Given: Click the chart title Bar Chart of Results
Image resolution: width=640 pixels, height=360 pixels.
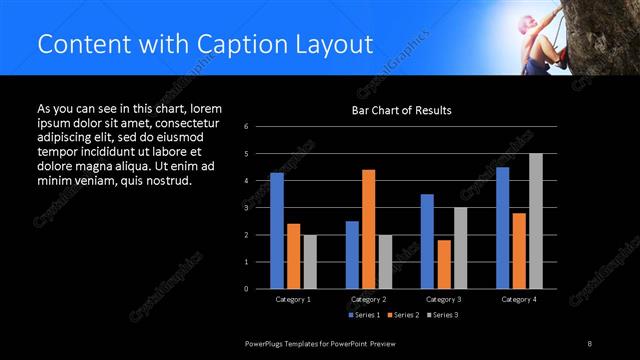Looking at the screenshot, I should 400,110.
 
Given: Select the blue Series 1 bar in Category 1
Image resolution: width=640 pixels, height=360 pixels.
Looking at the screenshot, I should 277,230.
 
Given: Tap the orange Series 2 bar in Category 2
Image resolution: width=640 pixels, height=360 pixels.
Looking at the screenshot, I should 368,228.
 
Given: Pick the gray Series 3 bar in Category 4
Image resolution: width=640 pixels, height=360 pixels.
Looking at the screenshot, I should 535,220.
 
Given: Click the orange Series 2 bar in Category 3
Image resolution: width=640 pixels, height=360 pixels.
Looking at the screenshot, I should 443,263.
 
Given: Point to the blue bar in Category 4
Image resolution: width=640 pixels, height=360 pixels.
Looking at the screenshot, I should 502,227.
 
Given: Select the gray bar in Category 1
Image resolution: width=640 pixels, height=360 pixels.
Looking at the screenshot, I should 309,261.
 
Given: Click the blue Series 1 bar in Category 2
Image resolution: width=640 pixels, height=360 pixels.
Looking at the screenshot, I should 352,254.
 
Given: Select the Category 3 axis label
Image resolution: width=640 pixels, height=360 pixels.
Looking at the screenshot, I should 443,299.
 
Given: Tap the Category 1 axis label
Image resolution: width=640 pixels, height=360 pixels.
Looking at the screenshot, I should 293,299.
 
